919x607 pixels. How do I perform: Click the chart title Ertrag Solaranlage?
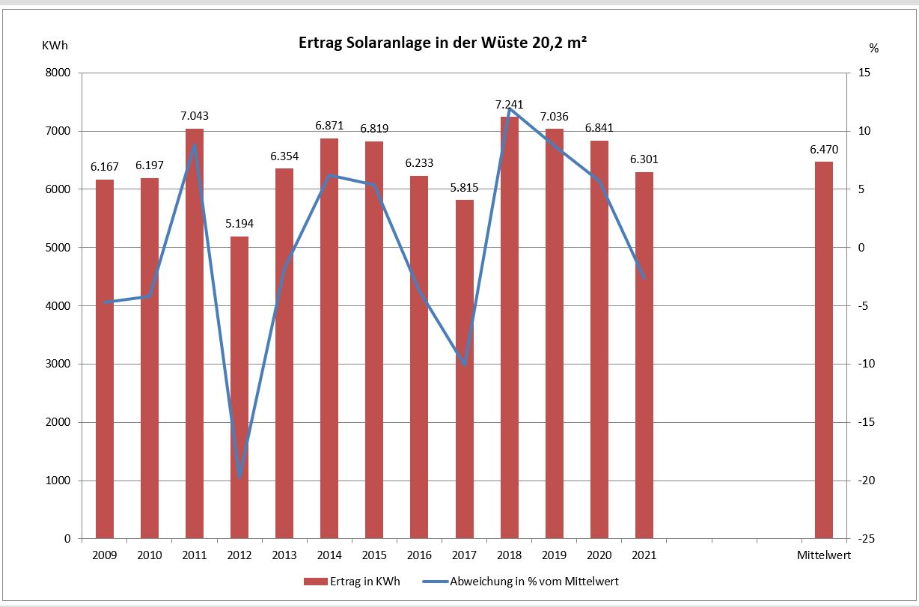click(442, 44)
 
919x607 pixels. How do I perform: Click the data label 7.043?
click(195, 116)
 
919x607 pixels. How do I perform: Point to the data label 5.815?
click(465, 187)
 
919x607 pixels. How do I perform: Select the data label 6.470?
click(824, 150)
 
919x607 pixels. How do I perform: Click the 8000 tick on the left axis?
click(58, 73)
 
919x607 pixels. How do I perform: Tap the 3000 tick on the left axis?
click(58, 364)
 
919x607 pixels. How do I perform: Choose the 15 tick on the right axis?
click(864, 73)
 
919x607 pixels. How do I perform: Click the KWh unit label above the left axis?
click(55, 46)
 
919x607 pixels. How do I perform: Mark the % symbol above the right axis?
click(873, 48)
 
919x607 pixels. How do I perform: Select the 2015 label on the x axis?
click(374, 556)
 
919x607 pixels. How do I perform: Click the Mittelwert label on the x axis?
click(824, 556)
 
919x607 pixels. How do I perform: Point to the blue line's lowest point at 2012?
click(239, 478)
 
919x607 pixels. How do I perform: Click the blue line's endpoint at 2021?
click(644, 278)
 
